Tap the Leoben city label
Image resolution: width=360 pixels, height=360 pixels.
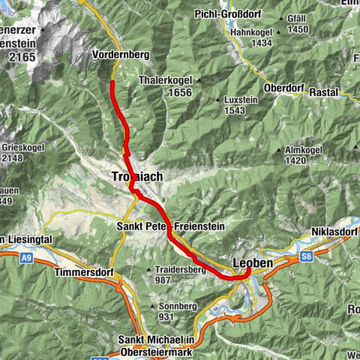pos(248,263)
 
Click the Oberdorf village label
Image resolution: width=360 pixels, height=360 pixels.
pos(284,88)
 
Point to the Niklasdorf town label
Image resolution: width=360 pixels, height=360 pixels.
pos(334,232)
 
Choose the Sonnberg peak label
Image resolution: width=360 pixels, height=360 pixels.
pos(175,305)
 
